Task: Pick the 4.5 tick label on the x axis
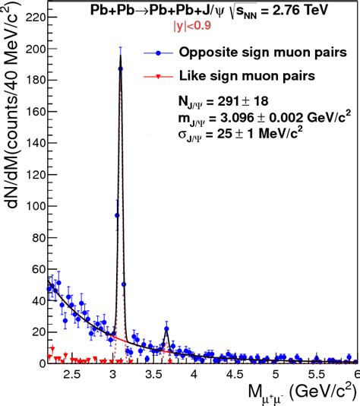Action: (x=235, y=374)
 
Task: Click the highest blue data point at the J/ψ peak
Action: (x=120, y=68)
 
